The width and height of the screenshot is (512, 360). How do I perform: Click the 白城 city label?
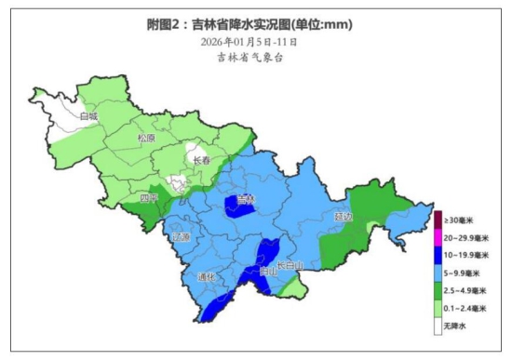pos(89,116)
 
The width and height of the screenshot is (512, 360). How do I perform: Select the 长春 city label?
pos(202,160)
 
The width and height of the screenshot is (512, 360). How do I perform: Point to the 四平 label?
pos(149,198)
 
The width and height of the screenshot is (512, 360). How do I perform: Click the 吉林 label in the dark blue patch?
pos(245,199)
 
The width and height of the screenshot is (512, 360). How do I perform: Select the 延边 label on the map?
pos(344,216)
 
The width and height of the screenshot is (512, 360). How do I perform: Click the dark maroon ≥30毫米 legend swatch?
pos(438,220)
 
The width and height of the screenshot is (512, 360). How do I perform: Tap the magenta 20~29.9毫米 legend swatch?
pos(438,237)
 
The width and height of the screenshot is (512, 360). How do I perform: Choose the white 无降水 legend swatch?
pos(438,326)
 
